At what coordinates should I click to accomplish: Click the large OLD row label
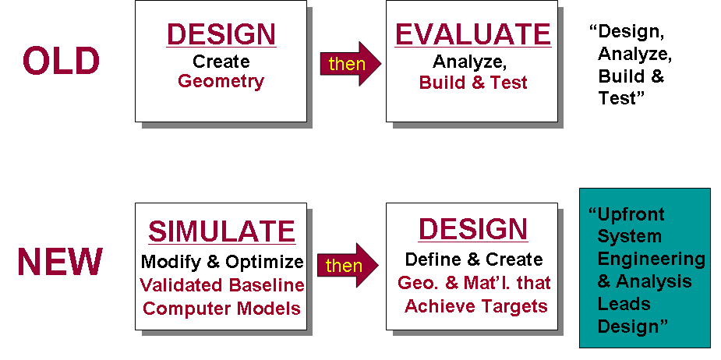(61, 61)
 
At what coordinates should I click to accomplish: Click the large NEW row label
(60, 262)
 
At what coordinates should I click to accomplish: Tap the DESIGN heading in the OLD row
(221, 34)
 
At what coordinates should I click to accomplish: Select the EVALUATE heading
(473, 34)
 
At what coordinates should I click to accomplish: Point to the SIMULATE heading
(221, 231)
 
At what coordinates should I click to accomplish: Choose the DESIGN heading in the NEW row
(473, 228)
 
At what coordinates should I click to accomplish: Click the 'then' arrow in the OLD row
(351, 63)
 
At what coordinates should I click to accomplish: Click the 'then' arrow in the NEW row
(348, 265)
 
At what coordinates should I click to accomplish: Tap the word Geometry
(221, 82)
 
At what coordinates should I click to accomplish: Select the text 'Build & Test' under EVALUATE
(473, 83)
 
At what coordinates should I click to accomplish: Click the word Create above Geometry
(221, 62)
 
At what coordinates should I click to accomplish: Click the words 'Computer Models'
(221, 308)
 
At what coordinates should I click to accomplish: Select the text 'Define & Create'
(474, 259)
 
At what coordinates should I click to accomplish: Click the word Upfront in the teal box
(627, 215)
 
